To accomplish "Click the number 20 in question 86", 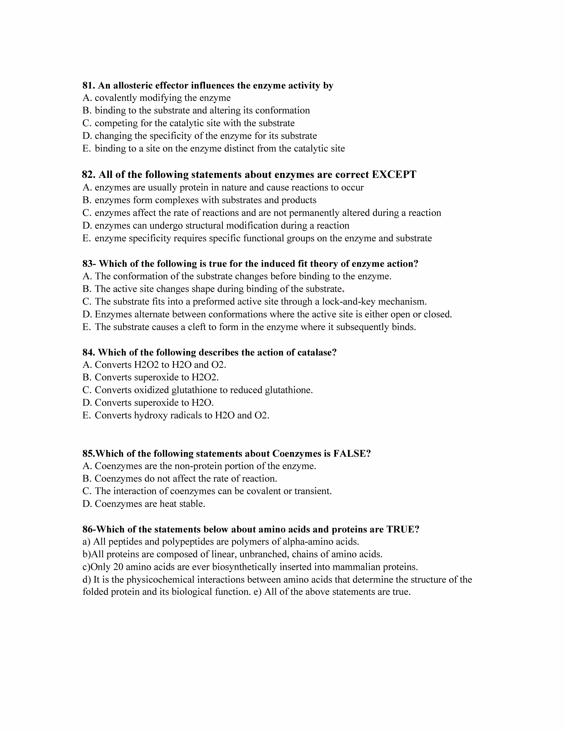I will click(x=118, y=567).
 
